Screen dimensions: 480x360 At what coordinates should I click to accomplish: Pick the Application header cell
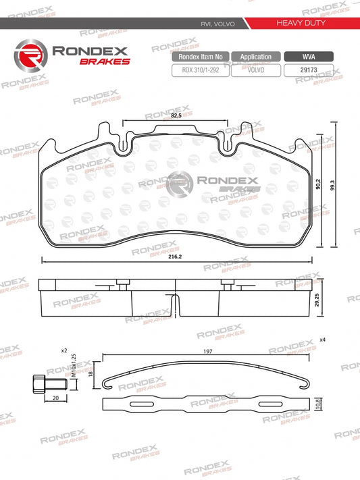[255, 57]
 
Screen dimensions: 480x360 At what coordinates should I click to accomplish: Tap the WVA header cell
[308, 57]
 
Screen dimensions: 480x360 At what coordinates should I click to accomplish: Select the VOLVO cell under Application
[255, 70]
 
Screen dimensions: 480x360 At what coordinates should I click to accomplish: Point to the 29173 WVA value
[308, 70]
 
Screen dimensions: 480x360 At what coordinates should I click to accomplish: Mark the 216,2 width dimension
[176, 257]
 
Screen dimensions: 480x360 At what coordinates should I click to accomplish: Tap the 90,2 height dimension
[317, 185]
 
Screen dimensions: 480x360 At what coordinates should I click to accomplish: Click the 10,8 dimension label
[317, 404]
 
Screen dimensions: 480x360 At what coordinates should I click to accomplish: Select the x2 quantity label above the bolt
[64, 351]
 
